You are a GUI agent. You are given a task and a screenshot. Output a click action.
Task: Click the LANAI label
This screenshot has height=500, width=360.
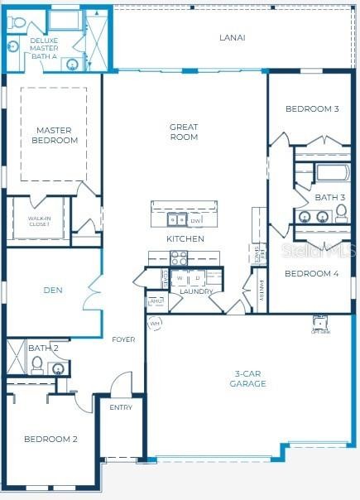[x=232, y=37]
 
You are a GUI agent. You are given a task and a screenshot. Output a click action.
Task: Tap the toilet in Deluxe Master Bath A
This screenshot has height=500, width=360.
[x=15, y=24]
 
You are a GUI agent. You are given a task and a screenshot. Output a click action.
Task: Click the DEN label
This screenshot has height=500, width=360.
[x=53, y=290]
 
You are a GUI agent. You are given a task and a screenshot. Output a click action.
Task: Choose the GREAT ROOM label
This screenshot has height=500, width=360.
[x=184, y=132]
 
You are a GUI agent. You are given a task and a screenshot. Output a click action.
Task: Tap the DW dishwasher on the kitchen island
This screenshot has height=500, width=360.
[x=195, y=221]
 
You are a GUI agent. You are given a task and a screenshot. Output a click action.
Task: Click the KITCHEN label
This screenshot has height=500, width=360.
[x=185, y=238]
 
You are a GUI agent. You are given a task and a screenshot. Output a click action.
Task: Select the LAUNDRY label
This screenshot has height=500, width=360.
[x=196, y=291]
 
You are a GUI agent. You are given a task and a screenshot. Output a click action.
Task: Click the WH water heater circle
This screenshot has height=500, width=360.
[x=155, y=323]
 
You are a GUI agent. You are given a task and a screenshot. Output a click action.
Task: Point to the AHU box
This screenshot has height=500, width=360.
[x=156, y=301]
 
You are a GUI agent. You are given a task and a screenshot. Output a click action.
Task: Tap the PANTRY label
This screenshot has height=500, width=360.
[x=262, y=291]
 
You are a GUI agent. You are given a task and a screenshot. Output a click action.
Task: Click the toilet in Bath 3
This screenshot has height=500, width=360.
[x=340, y=215]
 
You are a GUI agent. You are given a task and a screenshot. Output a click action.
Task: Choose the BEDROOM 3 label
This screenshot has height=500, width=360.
[x=311, y=108]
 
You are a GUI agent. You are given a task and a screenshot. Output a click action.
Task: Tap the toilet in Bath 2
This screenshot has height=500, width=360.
[x=36, y=366]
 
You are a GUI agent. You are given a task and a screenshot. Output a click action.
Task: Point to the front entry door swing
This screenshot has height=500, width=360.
[x=121, y=385]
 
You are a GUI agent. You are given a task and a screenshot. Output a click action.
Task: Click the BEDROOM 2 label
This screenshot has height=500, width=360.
[x=50, y=439]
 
